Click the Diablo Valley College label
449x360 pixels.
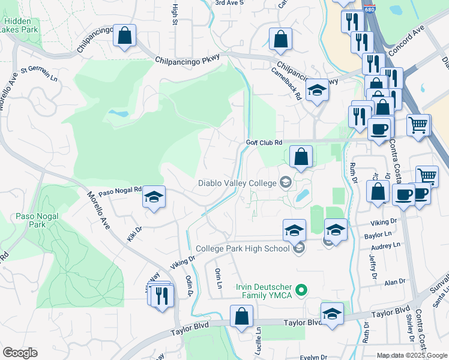[x=238, y=183]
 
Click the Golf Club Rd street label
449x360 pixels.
[x=264, y=142]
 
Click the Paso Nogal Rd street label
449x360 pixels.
[x=119, y=191]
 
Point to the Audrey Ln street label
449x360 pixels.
[x=385, y=246]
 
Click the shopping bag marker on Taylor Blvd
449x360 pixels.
[x=241, y=316]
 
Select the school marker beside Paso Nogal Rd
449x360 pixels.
[x=154, y=197]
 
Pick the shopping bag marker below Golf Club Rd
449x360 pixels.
[x=301, y=157]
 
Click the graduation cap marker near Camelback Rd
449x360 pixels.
[x=317, y=90]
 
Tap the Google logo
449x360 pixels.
[x=20, y=353]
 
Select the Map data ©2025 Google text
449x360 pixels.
[x=412, y=355]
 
